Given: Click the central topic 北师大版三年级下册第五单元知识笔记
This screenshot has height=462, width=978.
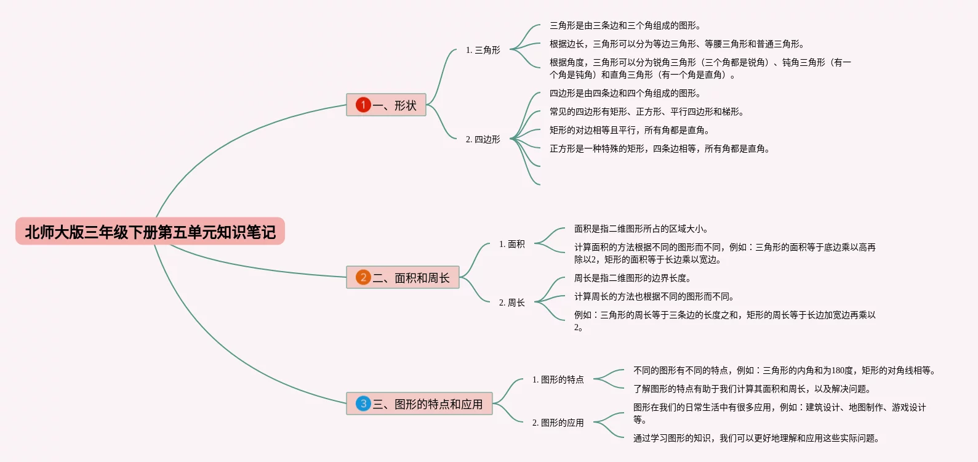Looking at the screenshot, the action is point(150,231).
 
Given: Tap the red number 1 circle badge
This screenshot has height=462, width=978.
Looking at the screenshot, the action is point(363,105).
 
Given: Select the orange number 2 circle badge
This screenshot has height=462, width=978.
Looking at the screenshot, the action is point(363,277).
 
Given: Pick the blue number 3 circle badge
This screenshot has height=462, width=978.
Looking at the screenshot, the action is point(363,403).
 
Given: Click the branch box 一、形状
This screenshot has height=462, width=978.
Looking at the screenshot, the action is point(386,105).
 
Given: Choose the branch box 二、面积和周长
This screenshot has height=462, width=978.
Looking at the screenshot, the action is point(403,277).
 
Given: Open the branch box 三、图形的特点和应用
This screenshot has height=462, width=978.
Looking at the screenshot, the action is point(419,403).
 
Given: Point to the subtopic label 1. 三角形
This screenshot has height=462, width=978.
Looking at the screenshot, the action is point(483,51).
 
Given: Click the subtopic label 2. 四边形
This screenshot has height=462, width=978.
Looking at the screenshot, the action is point(483,139).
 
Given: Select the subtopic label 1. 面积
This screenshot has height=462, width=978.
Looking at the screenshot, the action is point(511,244).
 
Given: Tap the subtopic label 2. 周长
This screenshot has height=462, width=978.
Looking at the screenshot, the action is point(511,302).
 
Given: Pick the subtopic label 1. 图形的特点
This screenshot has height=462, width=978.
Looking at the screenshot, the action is point(558,379).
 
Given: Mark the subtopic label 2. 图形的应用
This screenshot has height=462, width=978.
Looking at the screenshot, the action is point(558,423).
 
